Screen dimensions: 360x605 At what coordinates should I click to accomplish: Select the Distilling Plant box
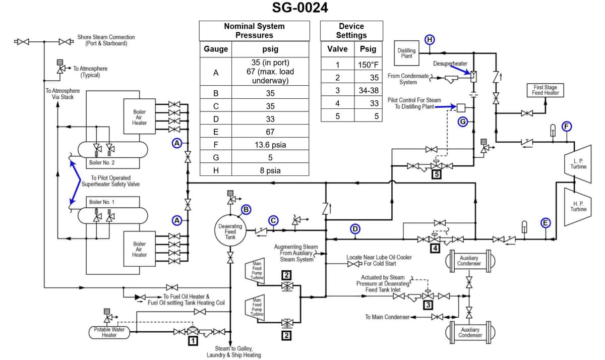[407, 53]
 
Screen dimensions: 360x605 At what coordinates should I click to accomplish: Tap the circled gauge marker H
[430, 40]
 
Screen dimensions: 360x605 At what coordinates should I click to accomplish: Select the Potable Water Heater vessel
[109, 332]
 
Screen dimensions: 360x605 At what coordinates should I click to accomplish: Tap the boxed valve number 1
[192, 341]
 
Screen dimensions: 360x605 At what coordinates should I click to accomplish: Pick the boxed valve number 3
[429, 305]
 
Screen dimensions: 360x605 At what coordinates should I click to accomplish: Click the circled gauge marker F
[567, 126]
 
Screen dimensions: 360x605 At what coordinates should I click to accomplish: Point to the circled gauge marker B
[246, 209]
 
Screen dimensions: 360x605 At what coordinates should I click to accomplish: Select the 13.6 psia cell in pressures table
[270, 145]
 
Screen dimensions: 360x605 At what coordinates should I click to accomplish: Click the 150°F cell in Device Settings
[368, 65]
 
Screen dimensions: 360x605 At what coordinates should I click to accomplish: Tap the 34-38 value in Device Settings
[368, 91]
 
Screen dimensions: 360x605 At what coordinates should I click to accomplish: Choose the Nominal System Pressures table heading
[254, 31]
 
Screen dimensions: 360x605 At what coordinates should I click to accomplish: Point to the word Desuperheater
[450, 64]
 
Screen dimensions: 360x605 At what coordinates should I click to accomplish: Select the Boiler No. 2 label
[102, 163]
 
